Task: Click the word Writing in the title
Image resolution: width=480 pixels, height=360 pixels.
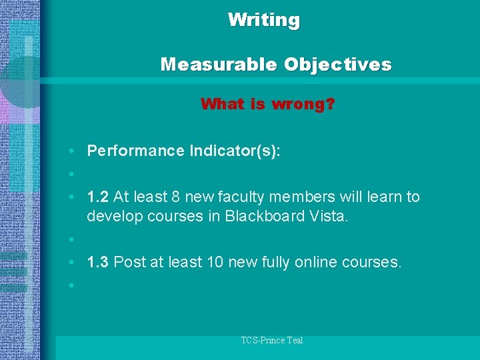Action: (264, 20)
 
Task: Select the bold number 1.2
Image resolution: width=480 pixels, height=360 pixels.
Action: (98, 197)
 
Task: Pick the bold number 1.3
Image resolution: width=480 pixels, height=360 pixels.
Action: (98, 263)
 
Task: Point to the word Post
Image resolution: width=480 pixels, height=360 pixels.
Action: (128, 263)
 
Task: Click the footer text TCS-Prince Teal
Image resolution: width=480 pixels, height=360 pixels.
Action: (272, 341)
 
